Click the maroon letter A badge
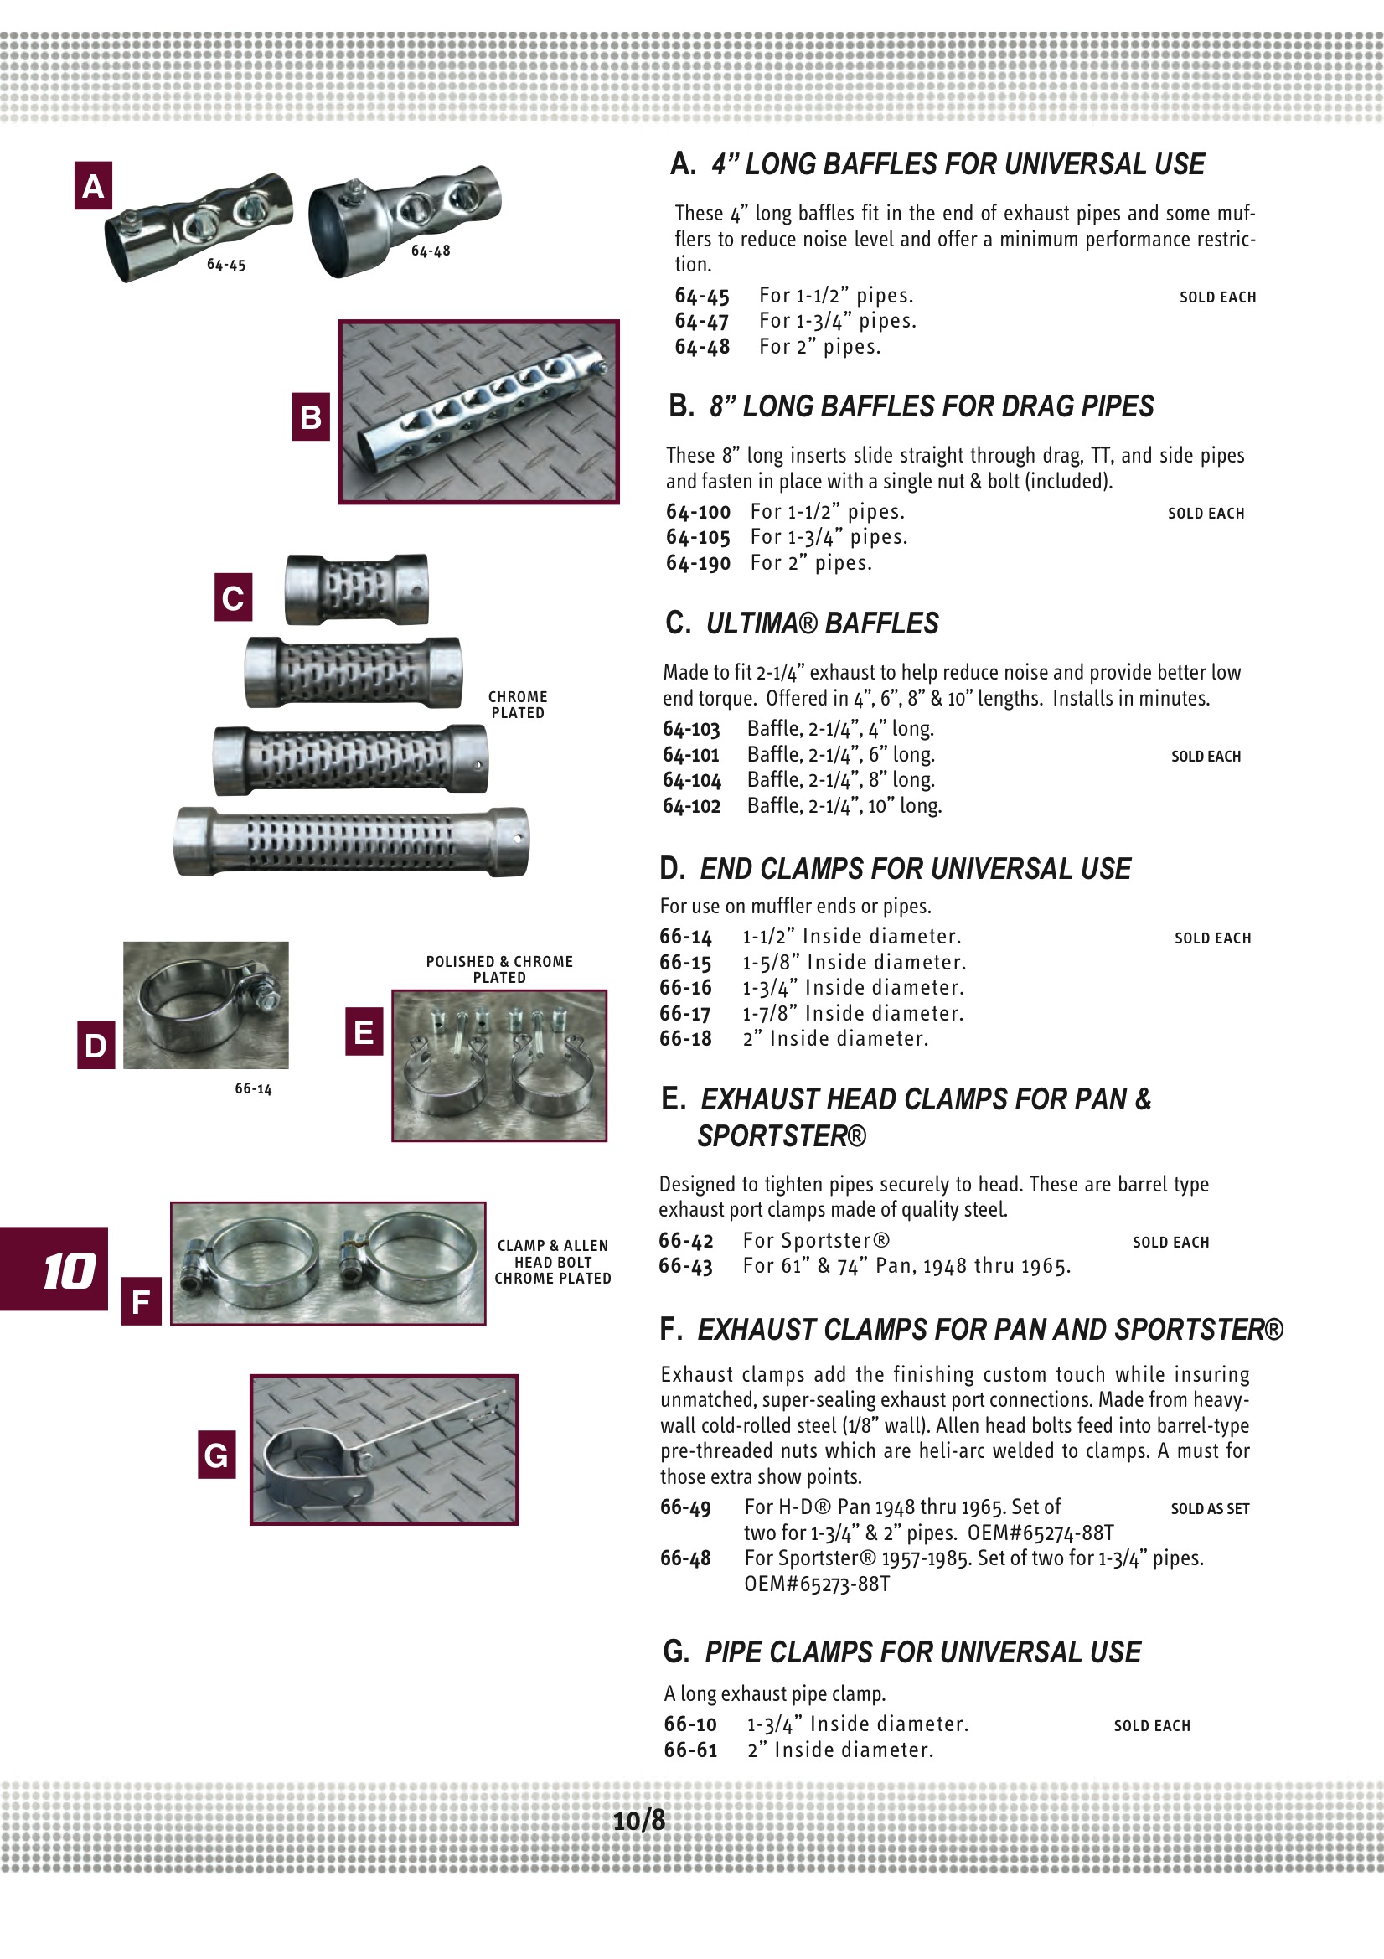pos(93,186)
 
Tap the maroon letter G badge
pos(217,1455)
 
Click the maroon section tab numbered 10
pos(54,1269)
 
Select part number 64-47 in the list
pos(701,322)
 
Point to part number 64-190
pos(698,563)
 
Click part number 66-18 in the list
pos(685,1038)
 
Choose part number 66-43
pos(685,1266)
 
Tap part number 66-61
pos(690,1750)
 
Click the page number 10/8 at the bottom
pos(639,1820)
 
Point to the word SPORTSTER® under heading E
pos(782,1136)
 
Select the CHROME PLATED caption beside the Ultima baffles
pos(518,705)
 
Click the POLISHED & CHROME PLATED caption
pos(499,969)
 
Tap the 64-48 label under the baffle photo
pos(430,251)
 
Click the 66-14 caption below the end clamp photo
pos(253,1088)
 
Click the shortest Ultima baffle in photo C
pos(357,590)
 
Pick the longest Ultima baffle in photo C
pos(351,842)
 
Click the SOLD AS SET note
pos(1209,1508)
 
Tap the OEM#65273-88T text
pos(817,1584)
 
